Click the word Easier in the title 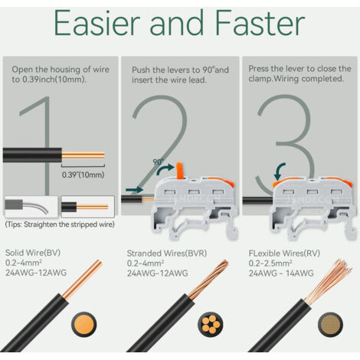(97, 23)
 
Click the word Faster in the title (260, 23)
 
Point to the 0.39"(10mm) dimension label (83, 175)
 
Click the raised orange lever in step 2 (179, 170)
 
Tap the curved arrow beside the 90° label (165, 169)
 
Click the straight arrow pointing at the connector (134, 190)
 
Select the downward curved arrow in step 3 (280, 172)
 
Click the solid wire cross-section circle (84, 324)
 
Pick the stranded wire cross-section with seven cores (210, 324)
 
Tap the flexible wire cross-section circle (330, 324)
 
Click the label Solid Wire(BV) (33, 253)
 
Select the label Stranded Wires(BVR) (167, 254)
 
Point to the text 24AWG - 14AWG (281, 273)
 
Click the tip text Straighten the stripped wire (69, 224)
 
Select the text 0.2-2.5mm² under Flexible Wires (270, 263)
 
